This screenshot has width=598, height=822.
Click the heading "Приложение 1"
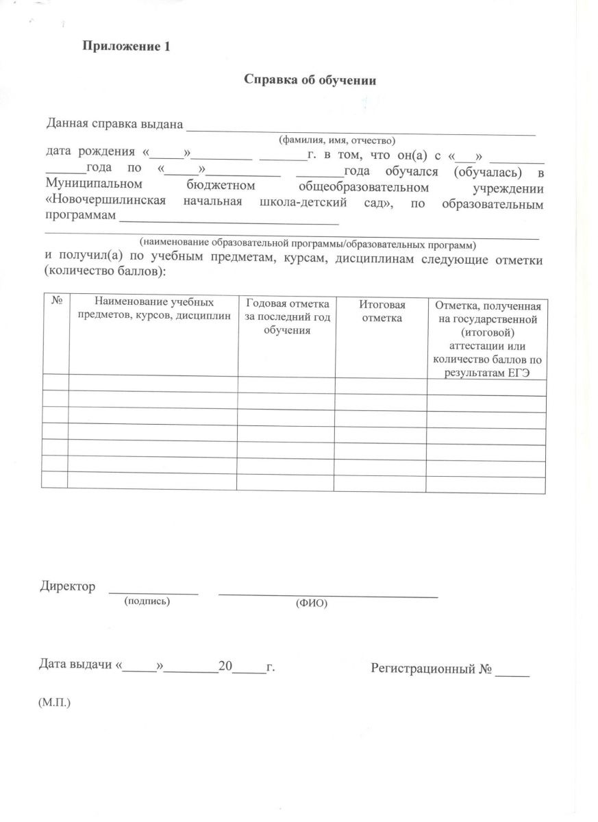coord(125,47)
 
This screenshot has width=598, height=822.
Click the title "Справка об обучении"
coord(311,79)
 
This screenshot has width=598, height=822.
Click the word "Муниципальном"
coord(95,185)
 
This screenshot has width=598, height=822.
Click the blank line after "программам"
coord(229,221)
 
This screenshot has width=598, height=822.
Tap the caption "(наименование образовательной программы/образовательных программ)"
coord(307,243)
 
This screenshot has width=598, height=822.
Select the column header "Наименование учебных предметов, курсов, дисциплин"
coord(153,309)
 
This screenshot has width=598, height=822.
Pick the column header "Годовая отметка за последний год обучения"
coord(287,316)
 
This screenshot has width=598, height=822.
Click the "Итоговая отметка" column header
coord(382,311)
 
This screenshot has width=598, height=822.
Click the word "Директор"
coord(67,586)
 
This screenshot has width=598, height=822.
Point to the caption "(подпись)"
coord(146,601)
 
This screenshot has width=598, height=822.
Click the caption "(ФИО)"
coord(312,603)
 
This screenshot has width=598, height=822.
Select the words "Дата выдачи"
coord(76,665)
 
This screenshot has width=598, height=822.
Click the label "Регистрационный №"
coord(431,667)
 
